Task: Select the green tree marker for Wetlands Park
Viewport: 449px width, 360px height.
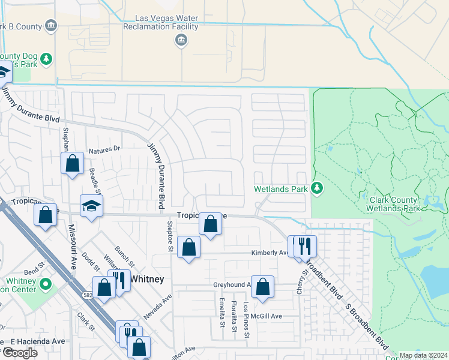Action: [x=317, y=189]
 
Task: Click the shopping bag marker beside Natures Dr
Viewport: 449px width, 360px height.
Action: [x=72, y=163]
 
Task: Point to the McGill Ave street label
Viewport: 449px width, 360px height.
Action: [x=267, y=316]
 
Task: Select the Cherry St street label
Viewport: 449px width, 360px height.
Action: [x=304, y=280]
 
